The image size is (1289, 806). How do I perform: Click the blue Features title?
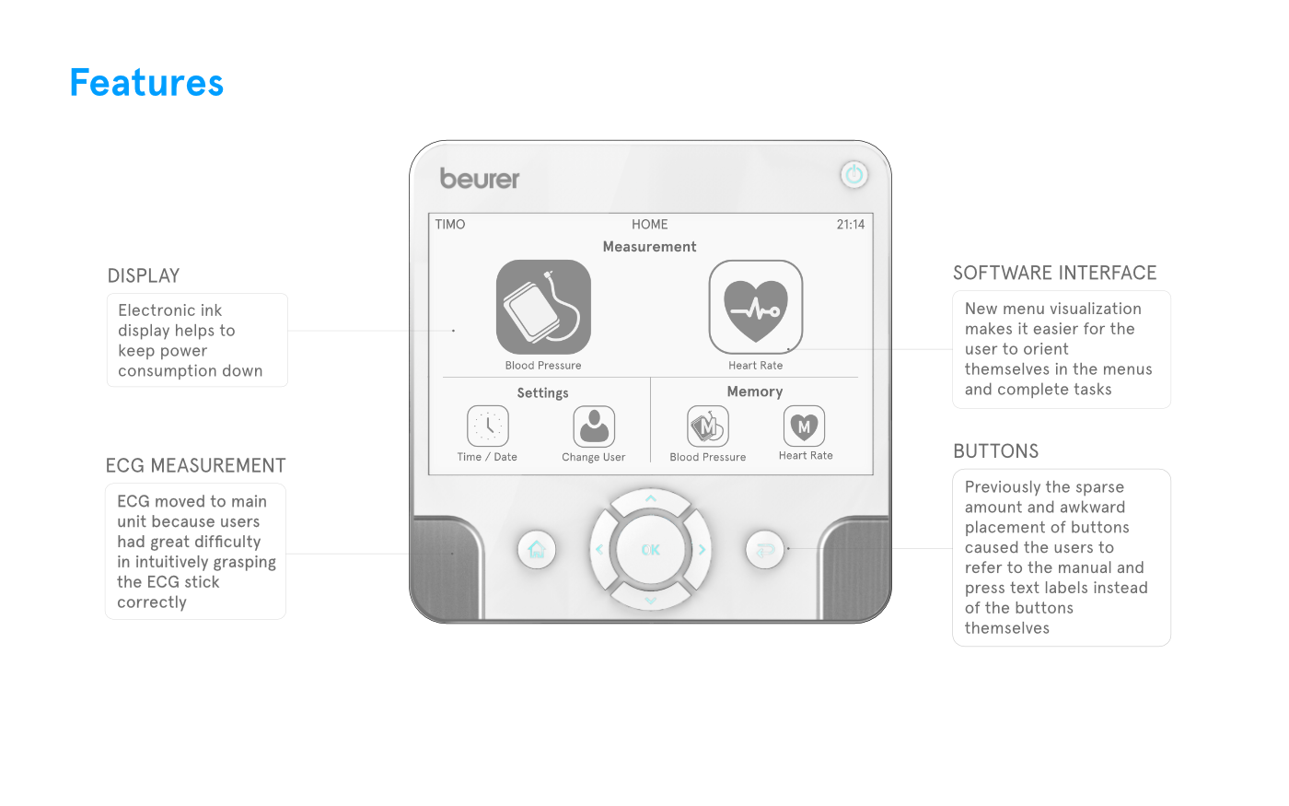pyautogui.click(x=146, y=82)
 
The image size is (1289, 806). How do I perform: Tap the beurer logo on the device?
pyautogui.click(x=480, y=179)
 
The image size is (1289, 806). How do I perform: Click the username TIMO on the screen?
pyautogui.click(x=450, y=225)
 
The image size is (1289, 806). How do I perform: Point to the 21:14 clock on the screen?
pyautogui.click(x=851, y=225)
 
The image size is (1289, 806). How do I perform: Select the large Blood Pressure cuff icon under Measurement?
pyautogui.click(x=543, y=307)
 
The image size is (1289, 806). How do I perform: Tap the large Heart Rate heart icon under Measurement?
pyautogui.click(x=756, y=307)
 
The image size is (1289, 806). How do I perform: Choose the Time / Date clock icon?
pyautogui.click(x=488, y=426)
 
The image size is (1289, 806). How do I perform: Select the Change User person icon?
pyautogui.click(x=594, y=426)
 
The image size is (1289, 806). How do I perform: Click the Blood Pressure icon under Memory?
pyautogui.click(x=708, y=426)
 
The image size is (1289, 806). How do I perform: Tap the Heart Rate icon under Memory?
pyautogui.click(x=804, y=426)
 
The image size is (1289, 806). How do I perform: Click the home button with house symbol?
pyautogui.click(x=536, y=550)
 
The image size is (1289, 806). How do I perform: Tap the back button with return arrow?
pyautogui.click(x=765, y=550)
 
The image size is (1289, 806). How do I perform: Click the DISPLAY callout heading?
pyautogui.click(x=144, y=275)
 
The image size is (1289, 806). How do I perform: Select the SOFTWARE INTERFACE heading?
pyautogui.click(x=1055, y=273)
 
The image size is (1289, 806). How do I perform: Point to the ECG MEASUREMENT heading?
pyautogui.click(x=195, y=465)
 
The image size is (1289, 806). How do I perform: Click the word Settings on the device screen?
pyautogui.click(x=542, y=393)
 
